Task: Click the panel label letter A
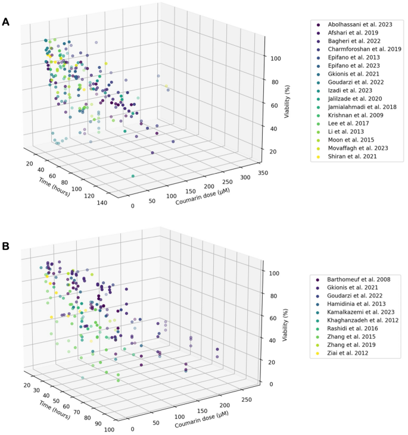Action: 5,22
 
